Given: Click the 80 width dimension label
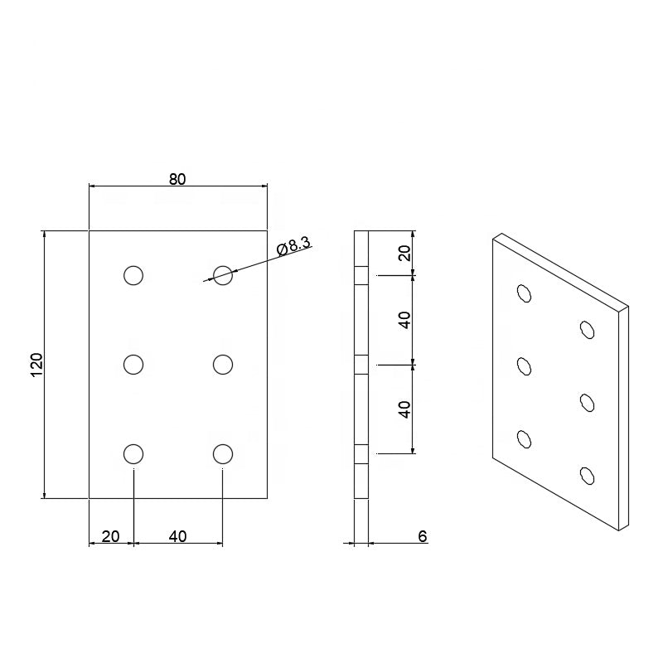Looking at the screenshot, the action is [x=177, y=179].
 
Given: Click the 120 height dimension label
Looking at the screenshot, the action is [x=37, y=365].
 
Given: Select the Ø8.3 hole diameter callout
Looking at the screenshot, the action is [x=294, y=246].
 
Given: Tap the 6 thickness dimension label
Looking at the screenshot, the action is [x=423, y=536].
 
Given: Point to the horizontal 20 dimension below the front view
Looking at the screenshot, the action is [x=111, y=536].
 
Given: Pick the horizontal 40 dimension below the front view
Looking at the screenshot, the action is [x=177, y=536].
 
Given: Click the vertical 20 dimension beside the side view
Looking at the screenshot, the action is [x=404, y=254].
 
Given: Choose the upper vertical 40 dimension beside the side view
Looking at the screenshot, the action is [x=404, y=320].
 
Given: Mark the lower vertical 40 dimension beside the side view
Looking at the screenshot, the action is [x=404, y=409].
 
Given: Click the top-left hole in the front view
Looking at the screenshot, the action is [x=133, y=275].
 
